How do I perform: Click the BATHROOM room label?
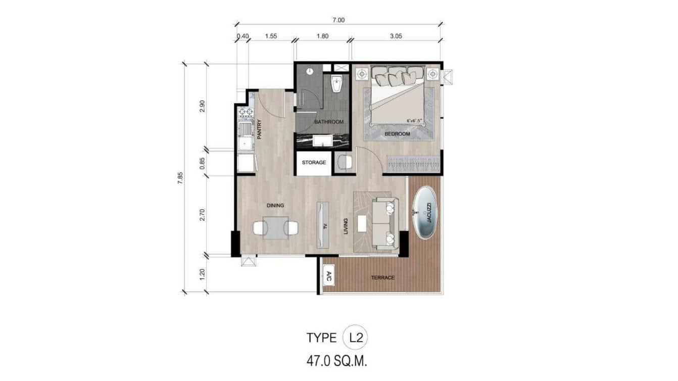click(x=328, y=122)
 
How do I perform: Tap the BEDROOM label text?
click(x=397, y=134)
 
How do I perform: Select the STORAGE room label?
click(x=314, y=163)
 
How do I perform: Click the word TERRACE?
click(x=382, y=277)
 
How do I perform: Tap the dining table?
click(x=275, y=228)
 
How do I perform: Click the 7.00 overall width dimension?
click(x=338, y=20)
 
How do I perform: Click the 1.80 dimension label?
click(x=322, y=36)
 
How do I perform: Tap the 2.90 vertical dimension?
click(x=202, y=107)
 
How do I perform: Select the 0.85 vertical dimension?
click(x=202, y=163)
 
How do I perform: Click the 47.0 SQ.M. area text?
click(x=336, y=361)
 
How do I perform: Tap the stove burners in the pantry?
click(x=246, y=112)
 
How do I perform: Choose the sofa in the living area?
click(x=385, y=224)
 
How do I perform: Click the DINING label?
click(x=275, y=206)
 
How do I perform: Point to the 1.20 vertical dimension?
click(x=202, y=274)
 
